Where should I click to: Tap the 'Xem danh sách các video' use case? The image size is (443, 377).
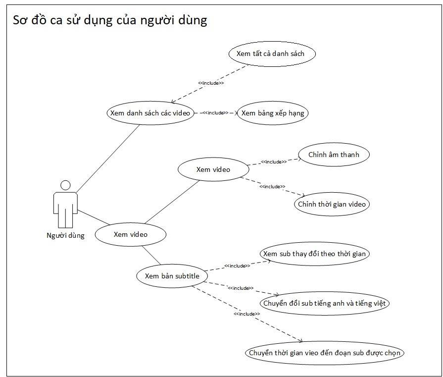coord(150,113)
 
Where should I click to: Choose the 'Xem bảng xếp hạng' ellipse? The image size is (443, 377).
coord(273,113)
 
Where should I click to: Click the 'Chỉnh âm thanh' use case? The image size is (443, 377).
coord(333,155)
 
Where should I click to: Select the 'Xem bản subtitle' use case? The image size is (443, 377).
coord(172,276)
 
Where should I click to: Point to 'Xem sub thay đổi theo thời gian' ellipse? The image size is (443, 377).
coord(315,254)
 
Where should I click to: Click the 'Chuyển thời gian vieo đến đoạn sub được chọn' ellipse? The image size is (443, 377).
coord(325,353)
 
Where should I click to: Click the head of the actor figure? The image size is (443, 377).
coord(65,185)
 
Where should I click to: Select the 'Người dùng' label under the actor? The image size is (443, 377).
coord(65,235)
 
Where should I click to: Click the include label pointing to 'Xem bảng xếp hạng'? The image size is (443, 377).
coord(215,113)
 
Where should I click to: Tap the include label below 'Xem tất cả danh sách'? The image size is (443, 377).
coord(211,83)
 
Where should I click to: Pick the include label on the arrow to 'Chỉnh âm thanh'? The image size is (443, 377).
coord(273,162)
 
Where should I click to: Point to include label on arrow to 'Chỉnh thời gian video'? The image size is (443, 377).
coord(272,186)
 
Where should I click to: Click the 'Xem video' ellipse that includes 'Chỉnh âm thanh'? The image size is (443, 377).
coord(213,169)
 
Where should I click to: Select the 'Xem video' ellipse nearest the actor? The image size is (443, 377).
coord(130,234)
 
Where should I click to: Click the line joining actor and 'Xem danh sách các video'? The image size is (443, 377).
coord(107,159)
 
